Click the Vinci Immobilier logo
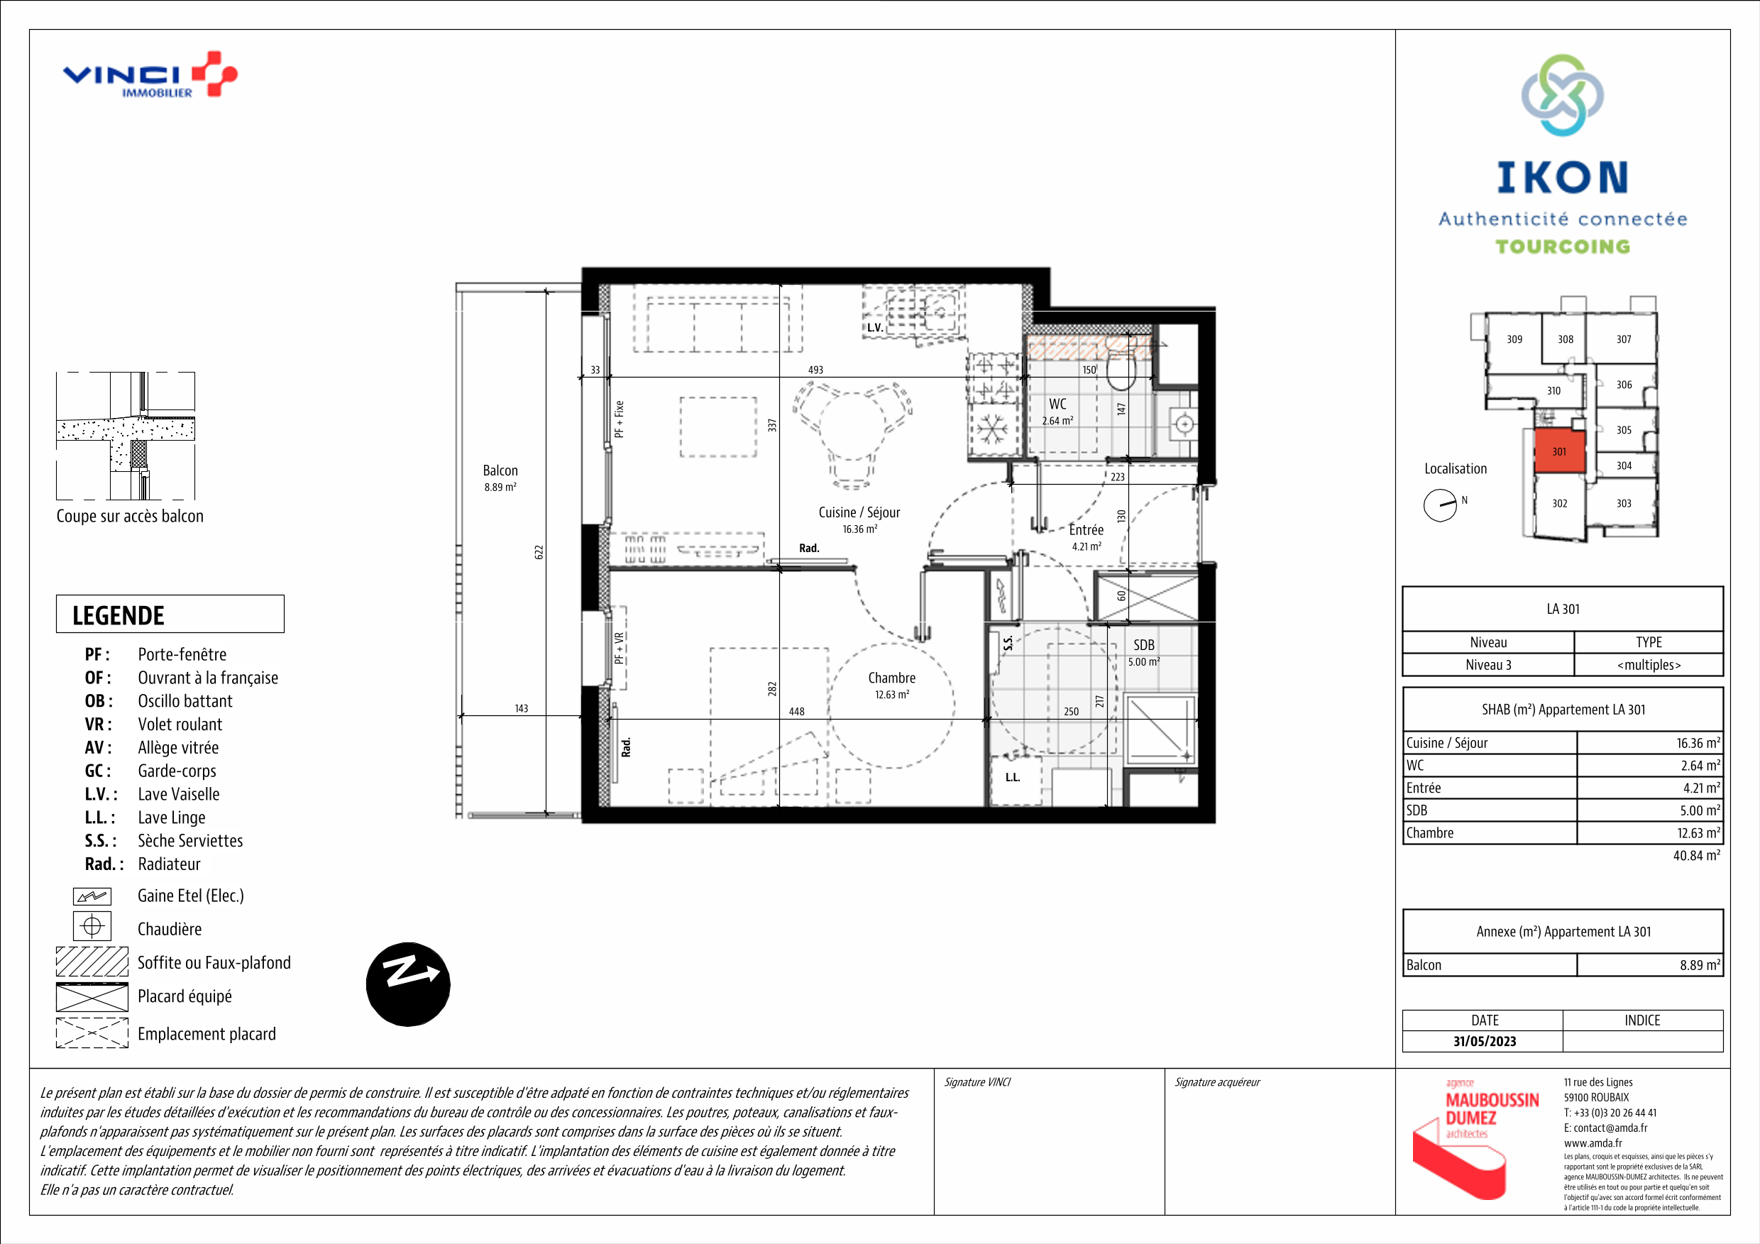[x=150, y=75]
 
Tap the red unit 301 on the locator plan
[x=1559, y=451]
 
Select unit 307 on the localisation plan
[x=1624, y=338]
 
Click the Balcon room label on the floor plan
[x=500, y=470]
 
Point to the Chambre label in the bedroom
[x=891, y=678]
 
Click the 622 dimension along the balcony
[x=539, y=552]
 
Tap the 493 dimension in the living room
[x=815, y=370]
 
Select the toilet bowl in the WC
[x=1121, y=371]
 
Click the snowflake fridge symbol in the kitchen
[x=992, y=430]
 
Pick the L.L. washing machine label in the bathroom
[x=1013, y=777]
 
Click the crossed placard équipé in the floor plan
[x=1145, y=597]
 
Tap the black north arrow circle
[x=408, y=984]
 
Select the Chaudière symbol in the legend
[x=92, y=927]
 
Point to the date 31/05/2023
[x=1484, y=1041]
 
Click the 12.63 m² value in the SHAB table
[x=1698, y=833]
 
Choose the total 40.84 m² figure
[x=1696, y=855]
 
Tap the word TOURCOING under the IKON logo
[x=1562, y=247]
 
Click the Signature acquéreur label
[x=1217, y=1082]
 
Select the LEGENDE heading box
[x=170, y=614]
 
